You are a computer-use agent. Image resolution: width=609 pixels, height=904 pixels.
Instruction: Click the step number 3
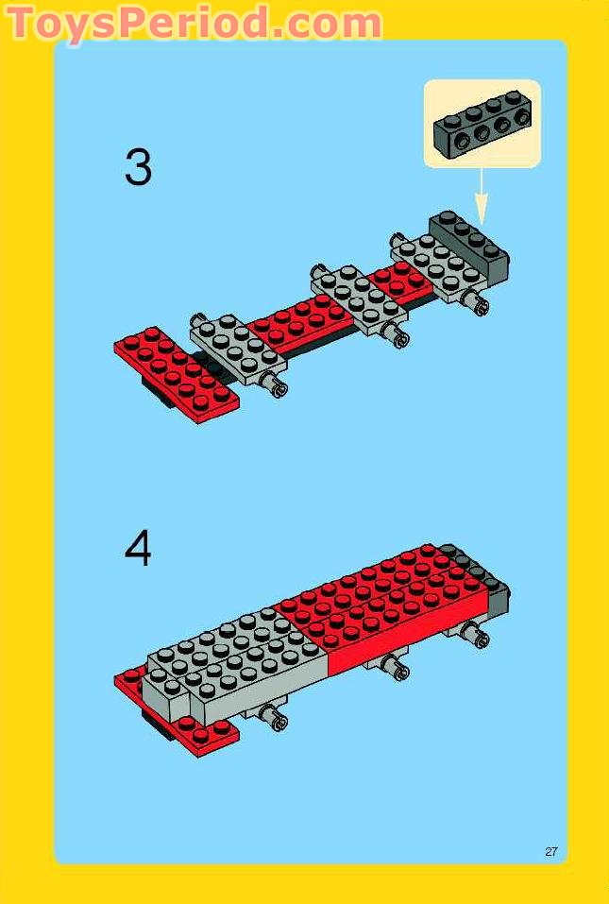coord(138,169)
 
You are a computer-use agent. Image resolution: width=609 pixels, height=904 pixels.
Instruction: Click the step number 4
coord(138,548)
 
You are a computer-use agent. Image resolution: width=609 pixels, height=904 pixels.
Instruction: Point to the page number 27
coord(551,851)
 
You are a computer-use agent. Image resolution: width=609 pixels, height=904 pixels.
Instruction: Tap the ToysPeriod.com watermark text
coord(194,23)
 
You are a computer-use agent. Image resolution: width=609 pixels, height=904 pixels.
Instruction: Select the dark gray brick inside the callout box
coord(481,123)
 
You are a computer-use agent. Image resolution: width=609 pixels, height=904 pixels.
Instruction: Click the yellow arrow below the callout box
coord(482,196)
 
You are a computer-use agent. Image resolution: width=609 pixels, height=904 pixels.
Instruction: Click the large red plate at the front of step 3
coord(177,370)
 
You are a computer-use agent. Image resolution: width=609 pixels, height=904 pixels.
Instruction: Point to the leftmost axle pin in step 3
coord(278,384)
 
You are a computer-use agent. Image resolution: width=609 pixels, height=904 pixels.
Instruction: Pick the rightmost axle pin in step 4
coord(479,637)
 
